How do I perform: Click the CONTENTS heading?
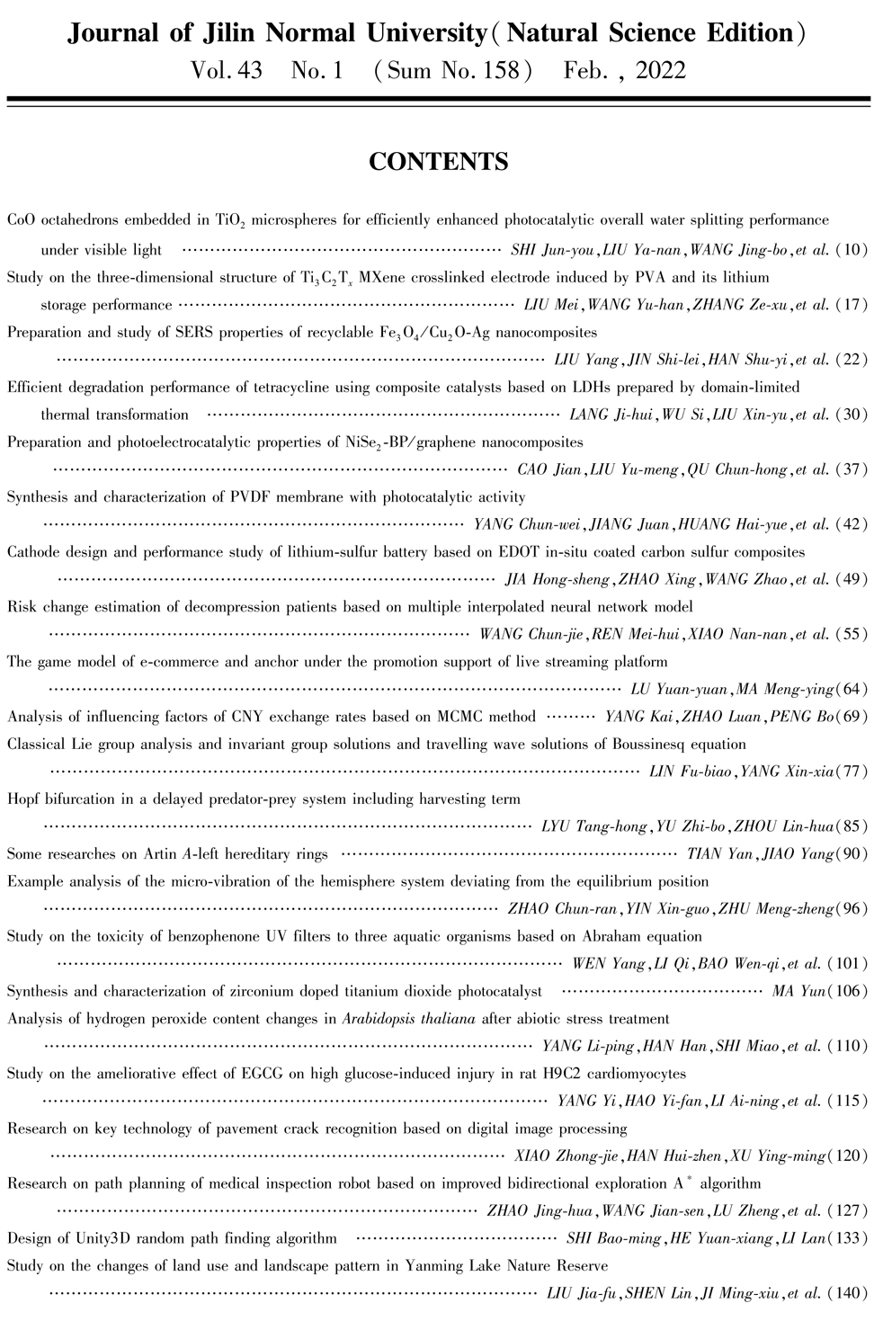point(439,162)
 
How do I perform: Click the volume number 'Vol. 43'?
point(227,70)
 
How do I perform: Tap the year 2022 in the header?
point(661,70)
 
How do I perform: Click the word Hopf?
point(23,799)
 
